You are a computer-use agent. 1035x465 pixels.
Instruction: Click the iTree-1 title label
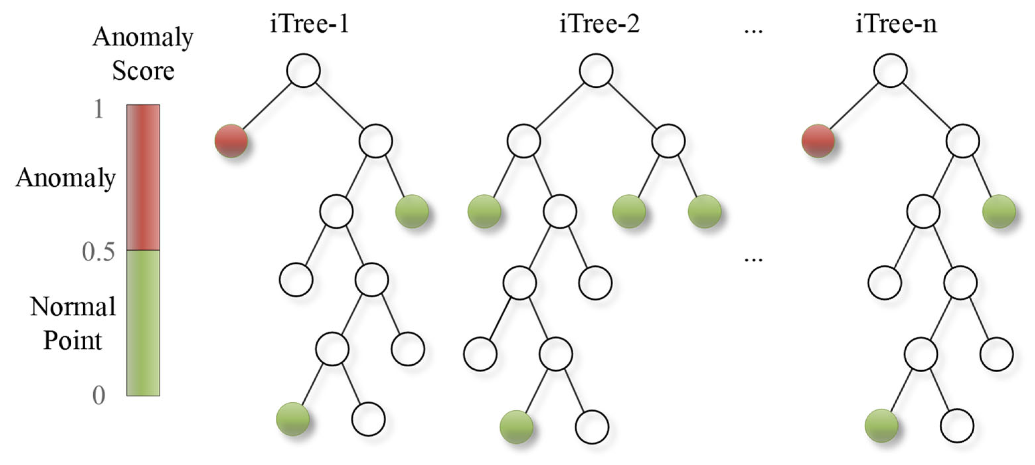pos(309,24)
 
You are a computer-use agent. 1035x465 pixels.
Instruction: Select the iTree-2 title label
pos(600,24)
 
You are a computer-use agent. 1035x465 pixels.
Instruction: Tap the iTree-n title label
pos(896,24)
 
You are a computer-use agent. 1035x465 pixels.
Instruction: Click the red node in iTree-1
pos(231,141)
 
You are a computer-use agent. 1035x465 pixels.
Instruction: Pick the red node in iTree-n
pos(818,141)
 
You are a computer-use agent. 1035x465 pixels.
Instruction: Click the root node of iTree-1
pos(303,71)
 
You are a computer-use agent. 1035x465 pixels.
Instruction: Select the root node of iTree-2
pos(596,71)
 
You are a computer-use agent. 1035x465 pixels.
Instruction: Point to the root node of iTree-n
pos(890,71)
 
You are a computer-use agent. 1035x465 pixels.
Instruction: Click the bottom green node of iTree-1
pos(293,419)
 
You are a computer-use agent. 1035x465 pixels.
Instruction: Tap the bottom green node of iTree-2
pos(516,427)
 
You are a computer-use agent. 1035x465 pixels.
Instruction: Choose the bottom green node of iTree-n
pos(881,425)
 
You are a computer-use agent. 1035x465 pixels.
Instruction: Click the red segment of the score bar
pos(143,177)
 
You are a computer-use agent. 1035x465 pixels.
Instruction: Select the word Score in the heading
pos(143,71)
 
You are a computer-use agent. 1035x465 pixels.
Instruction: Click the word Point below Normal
pos(72,341)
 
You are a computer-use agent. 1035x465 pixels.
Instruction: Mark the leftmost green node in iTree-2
pos(484,212)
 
